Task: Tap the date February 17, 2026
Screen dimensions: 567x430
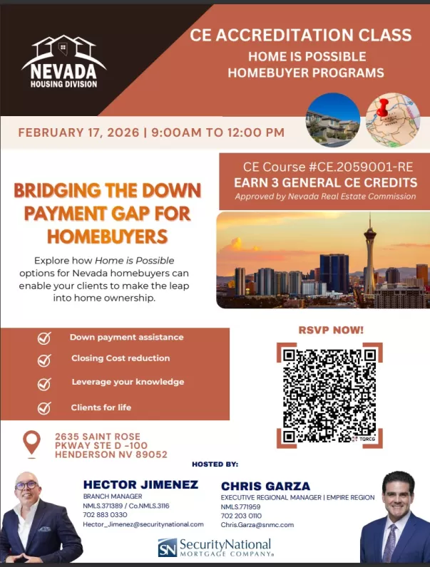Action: click(78, 132)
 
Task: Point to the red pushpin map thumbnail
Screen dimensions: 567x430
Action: click(393, 120)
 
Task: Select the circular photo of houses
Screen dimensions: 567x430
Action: click(333, 120)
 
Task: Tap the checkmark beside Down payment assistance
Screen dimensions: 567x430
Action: click(44, 338)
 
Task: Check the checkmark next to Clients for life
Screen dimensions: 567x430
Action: click(44, 408)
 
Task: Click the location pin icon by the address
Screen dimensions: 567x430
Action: click(31, 444)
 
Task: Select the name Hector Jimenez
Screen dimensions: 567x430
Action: click(140, 485)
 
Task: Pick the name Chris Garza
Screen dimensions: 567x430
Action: click(265, 487)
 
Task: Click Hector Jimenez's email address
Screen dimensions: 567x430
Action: click(143, 524)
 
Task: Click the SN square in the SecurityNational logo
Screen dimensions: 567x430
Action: click(167, 548)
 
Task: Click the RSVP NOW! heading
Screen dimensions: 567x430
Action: click(330, 330)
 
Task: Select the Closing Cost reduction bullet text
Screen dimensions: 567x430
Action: click(121, 359)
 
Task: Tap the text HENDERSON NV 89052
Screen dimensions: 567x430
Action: click(111, 454)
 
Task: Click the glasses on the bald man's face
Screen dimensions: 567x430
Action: click(26, 486)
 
